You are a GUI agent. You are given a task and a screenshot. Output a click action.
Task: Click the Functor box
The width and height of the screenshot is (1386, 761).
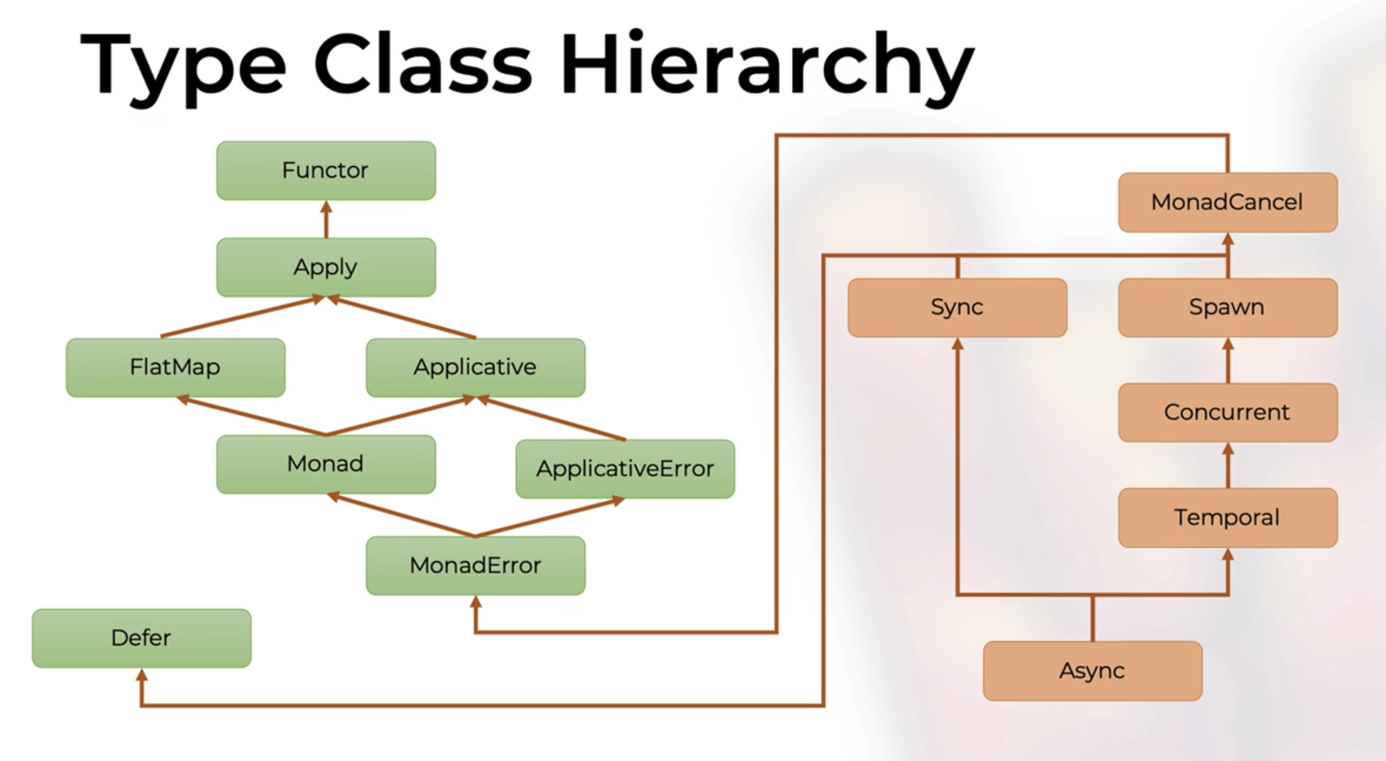326,170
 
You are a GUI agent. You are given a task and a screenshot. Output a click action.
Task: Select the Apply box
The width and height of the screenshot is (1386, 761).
326,267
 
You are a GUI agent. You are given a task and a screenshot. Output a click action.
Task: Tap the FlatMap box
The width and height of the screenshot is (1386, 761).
176,367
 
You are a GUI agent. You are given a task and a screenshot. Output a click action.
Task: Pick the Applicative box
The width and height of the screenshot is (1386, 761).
475,367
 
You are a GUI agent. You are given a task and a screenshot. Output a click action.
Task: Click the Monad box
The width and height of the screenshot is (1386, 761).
326,464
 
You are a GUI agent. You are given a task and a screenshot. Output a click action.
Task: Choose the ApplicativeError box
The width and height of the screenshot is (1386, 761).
625,469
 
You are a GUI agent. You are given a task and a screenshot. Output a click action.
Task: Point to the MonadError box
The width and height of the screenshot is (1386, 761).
475,565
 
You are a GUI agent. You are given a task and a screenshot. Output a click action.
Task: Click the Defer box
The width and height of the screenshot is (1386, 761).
142,638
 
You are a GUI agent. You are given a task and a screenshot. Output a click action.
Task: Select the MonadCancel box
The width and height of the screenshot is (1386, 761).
1228,202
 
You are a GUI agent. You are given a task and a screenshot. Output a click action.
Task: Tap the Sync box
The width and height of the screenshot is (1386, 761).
957,307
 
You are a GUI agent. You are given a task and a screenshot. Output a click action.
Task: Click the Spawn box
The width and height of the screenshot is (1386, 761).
1228,307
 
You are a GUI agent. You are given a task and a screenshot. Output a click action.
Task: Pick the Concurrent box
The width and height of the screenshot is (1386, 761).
1228,412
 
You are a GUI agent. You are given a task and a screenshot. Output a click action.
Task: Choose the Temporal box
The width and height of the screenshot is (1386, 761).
1228,517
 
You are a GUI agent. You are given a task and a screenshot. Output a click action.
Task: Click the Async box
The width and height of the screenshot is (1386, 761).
1092,671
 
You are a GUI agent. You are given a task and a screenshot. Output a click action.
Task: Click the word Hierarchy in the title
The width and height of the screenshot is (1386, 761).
767,65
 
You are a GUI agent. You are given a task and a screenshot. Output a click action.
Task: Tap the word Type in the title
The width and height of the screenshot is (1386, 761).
183,65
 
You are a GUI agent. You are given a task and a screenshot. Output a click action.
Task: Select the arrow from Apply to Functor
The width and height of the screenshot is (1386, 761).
326,219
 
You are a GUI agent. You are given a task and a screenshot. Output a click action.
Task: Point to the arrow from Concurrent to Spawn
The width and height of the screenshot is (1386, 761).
1228,360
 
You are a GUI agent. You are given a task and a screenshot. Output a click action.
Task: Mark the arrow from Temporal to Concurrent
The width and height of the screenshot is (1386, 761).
1228,465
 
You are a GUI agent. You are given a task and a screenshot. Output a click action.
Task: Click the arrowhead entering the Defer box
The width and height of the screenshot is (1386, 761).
142,676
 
